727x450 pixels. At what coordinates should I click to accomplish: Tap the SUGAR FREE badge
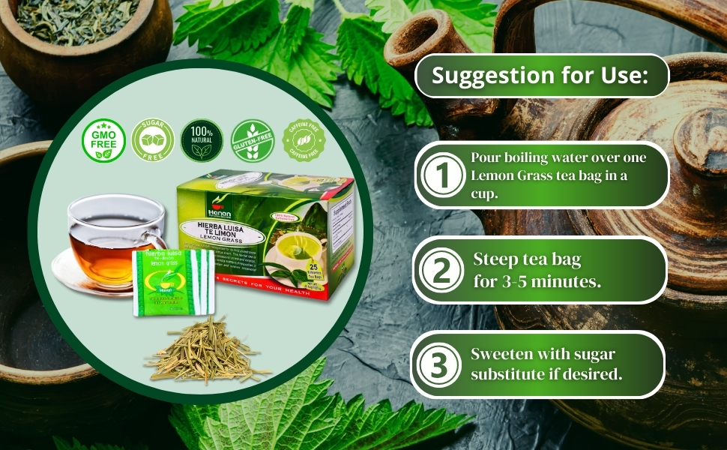tap(153, 140)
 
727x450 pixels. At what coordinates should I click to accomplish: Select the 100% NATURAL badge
tap(202, 140)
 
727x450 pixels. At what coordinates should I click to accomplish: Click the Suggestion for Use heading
tap(540, 76)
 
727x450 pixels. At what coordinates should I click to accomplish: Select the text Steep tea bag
tap(527, 260)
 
